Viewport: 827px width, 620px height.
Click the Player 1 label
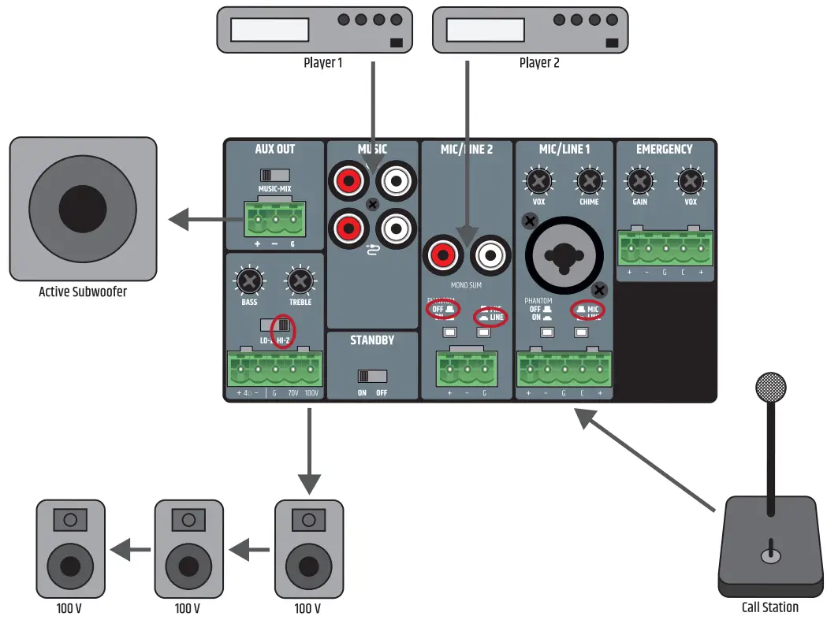click(x=322, y=62)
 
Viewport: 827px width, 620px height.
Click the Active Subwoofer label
click(x=83, y=291)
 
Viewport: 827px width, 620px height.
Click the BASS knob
click(x=249, y=280)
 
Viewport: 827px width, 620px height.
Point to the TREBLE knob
click(x=300, y=280)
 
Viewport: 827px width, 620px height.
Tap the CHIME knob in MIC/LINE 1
click(x=588, y=182)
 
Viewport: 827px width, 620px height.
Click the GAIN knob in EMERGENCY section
click(x=639, y=182)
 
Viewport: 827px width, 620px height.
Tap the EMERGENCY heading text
click(x=664, y=149)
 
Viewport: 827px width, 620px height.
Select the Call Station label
click(x=769, y=607)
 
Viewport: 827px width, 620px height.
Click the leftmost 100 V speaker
click(x=70, y=548)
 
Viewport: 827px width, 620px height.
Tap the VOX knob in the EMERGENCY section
click(x=690, y=182)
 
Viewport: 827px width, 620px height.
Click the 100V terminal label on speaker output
click(x=313, y=392)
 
